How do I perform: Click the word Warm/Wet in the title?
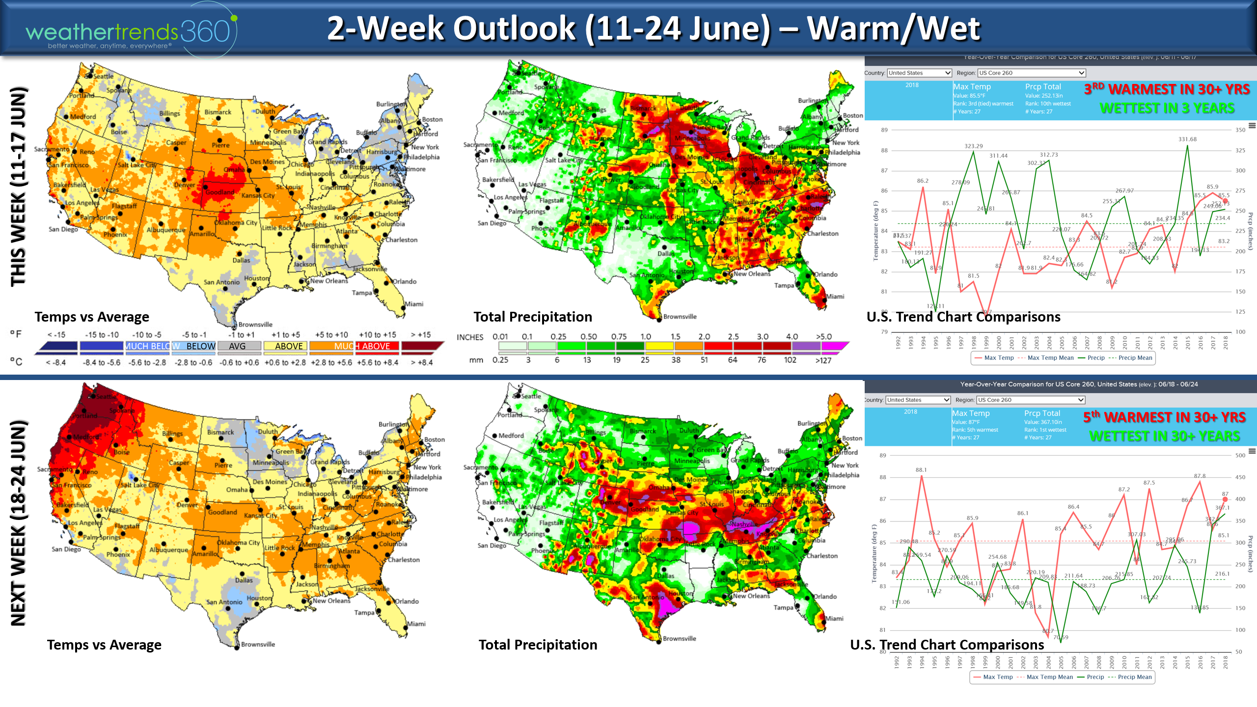894,28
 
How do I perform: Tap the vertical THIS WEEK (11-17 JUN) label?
19,187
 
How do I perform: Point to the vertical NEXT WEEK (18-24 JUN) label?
19,523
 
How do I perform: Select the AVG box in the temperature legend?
238,346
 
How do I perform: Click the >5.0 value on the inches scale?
823,337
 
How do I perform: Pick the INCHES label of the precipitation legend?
470,337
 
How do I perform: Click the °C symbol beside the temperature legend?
16,362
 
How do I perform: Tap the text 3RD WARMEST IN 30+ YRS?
1167,89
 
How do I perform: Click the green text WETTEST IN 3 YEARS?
1167,109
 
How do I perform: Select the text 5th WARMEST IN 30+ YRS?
1164,417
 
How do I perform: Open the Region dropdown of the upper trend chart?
1031,73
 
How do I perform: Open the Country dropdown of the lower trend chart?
918,400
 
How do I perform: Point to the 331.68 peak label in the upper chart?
1187,139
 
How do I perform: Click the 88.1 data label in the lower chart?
921,470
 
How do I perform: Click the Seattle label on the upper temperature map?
103,76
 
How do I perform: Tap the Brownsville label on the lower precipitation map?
680,639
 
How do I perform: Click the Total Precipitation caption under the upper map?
533,317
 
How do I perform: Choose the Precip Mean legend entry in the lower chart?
1134,677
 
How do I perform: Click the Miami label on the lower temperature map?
416,624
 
